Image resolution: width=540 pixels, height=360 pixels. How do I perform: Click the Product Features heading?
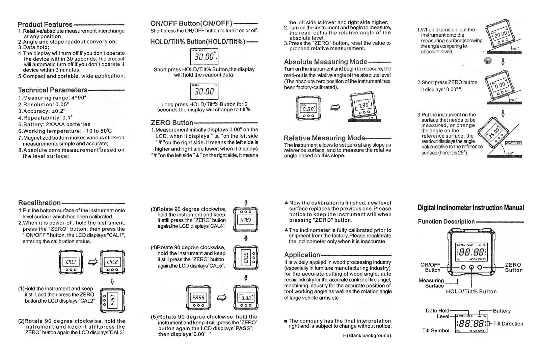click(x=45, y=24)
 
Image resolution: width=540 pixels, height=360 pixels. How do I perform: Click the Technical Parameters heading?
click(x=53, y=90)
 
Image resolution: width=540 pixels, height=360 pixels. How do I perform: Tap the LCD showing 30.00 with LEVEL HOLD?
click(x=204, y=56)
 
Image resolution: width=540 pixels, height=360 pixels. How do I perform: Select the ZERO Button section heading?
click(x=172, y=123)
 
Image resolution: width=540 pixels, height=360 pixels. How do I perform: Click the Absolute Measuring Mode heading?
click(x=325, y=62)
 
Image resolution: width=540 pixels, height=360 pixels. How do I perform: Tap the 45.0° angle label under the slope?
click(x=509, y=153)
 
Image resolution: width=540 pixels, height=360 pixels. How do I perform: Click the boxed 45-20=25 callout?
click(x=513, y=143)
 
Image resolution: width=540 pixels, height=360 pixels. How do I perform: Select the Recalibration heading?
click(x=39, y=203)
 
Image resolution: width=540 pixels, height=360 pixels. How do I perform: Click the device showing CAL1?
click(x=71, y=262)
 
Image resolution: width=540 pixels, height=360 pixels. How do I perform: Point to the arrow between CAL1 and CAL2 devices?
click(x=92, y=262)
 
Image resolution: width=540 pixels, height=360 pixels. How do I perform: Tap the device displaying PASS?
click(x=198, y=298)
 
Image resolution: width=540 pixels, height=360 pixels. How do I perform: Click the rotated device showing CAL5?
click(x=246, y=257)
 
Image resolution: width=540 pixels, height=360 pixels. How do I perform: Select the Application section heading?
click(x=302, y=255)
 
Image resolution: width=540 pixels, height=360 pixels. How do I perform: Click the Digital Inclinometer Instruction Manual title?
click(x=470, y=208)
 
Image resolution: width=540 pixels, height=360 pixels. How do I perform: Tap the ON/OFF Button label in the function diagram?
click(x=431, y=267)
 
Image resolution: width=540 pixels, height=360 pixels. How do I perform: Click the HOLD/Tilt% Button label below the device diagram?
click(x=471, y=291)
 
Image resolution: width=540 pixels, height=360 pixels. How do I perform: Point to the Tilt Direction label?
click(x=508, y=324)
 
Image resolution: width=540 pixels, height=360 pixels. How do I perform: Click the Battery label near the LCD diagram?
click(x=502, y=311)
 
